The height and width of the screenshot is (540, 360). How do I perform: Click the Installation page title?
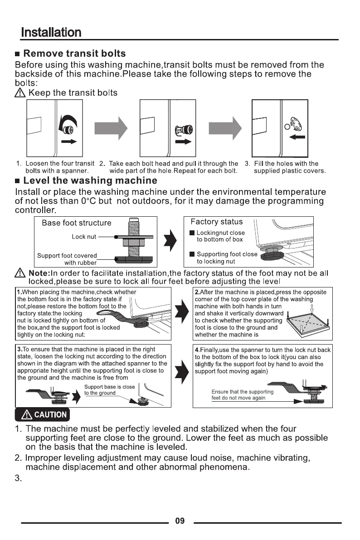point(51,33)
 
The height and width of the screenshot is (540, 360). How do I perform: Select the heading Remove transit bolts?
point(74,54)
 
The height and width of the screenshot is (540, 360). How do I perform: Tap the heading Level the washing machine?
point(90,181)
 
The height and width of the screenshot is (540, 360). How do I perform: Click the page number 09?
point(180,521)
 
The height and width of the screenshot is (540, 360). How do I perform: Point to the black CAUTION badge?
point(42,414)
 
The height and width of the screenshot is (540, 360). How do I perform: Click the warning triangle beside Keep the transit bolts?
point(20,93)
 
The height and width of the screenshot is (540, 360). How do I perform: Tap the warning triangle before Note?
point(20,274)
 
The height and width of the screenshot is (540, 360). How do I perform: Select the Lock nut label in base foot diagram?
point(84,237)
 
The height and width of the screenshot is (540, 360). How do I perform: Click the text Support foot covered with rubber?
point(67,259)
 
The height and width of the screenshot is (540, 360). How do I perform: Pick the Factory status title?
point(216,222)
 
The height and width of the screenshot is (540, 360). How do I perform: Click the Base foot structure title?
point(76,223)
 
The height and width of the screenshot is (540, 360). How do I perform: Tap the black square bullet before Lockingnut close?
point(192,233)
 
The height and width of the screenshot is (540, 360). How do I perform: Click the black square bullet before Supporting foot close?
point(192,254)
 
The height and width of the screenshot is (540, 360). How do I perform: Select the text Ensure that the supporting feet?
point(242,394)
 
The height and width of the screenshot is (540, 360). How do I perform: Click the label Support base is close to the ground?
point(109,390)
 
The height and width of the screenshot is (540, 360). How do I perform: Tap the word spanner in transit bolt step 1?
point(77,171)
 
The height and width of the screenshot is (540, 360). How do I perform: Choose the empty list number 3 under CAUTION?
point(18,478)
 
